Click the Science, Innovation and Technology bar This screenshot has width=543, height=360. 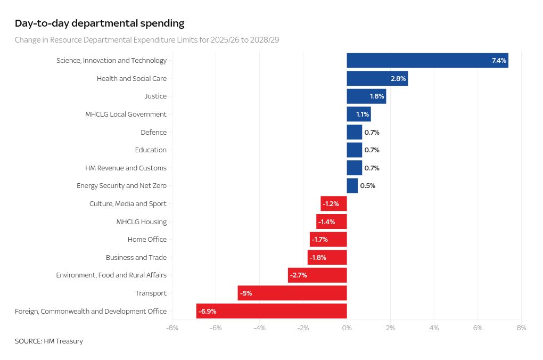pos(427,61)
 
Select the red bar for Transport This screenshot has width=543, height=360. pos(292,293)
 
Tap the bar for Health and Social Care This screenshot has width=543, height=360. pos(377,78)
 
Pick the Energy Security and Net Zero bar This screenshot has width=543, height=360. pos(352,186)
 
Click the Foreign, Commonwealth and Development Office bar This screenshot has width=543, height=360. pos(271,311)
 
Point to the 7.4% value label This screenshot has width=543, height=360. pos(499,61)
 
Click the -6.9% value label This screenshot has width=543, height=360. pos(207,311)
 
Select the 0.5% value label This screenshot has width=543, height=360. pos(367,186)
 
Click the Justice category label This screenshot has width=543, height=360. pos(155,96)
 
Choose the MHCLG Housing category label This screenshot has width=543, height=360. pos(141,222)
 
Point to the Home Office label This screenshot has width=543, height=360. pos(147,240)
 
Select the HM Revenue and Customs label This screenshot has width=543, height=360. pos(126,168)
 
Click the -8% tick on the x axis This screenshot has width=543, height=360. pos(172,328)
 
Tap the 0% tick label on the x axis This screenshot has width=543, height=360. pos(347,328)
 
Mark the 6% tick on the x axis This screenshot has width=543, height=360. pos(478,328)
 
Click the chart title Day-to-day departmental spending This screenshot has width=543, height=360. pos(100,23)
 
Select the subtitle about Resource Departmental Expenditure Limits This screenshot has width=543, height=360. pos(146,40)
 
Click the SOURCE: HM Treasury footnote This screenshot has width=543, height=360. pos(49,341)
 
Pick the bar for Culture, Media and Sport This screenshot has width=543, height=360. pos(334,204)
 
